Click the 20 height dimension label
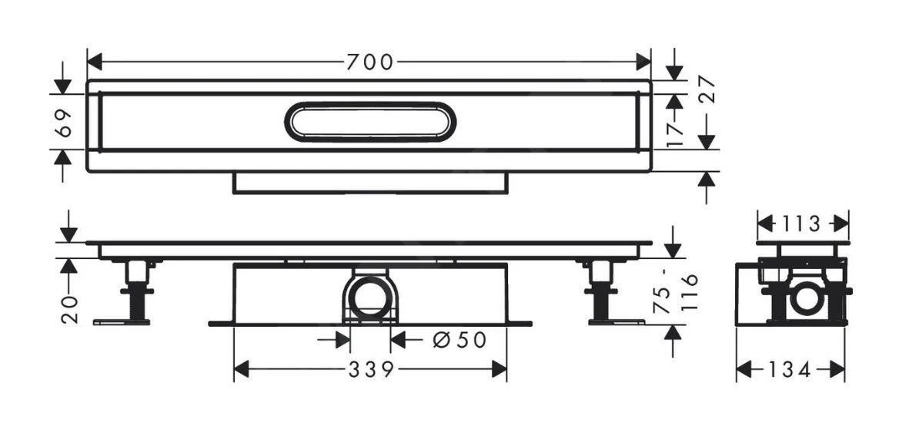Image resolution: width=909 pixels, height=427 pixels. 69,308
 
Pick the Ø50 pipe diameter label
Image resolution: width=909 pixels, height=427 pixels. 460,339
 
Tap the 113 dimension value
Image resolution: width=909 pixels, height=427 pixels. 803,224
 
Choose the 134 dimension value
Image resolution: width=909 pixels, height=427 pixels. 789,371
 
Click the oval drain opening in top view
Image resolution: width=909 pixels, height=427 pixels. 370,123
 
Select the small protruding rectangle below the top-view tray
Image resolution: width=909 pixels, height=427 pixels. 370,183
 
